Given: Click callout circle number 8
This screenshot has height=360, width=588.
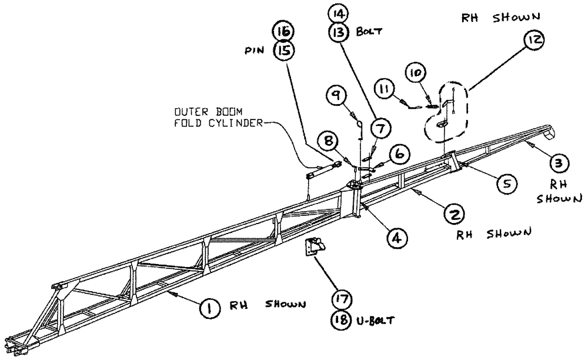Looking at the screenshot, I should point(329,141).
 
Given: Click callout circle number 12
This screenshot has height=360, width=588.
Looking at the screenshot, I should point(536,41).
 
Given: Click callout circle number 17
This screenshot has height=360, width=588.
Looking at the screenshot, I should point(340,299).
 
